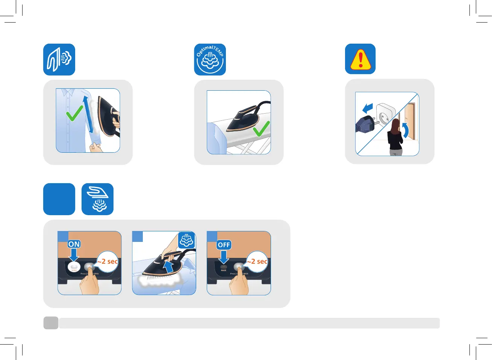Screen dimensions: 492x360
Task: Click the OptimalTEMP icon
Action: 210,59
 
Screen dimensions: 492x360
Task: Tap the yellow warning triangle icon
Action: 360,59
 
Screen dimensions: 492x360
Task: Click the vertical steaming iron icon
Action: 59,59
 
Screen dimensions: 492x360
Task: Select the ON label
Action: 74,244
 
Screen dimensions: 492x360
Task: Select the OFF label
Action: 224,245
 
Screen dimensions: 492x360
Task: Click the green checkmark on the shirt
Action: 74,113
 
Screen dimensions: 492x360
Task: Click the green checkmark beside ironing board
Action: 261,129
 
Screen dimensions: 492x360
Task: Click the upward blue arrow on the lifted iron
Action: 168,267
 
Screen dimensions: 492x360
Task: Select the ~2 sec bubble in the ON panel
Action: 107,261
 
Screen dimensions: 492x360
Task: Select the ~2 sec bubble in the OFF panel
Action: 257,261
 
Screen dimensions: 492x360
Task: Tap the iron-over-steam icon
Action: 97,199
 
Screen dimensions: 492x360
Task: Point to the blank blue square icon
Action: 59,199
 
